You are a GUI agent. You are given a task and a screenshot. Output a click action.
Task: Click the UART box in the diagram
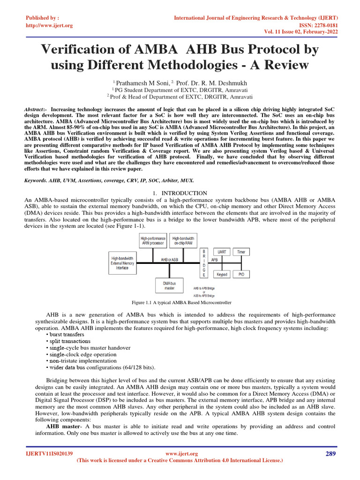pos(222,252)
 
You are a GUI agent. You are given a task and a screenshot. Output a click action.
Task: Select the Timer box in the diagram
pos(241,252)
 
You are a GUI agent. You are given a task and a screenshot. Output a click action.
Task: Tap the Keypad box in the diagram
pos(222,274)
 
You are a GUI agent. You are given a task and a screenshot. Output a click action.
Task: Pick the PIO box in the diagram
pos(241,274)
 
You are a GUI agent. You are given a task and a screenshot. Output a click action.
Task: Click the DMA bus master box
pos(169,285)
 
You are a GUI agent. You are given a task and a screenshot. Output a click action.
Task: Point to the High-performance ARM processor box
pos(153,241)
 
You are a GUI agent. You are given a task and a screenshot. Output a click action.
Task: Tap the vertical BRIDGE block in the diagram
pos(204,263)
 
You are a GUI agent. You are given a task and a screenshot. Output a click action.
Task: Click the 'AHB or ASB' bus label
pos(169,259)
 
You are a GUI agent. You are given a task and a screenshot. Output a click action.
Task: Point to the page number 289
pos(330,453)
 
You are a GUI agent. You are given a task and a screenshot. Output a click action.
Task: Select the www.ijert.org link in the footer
pos(182,454)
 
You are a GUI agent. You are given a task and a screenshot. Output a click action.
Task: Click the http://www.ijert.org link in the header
pos(49,25)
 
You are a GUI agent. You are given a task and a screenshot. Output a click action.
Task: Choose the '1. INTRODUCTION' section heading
pos(180,193)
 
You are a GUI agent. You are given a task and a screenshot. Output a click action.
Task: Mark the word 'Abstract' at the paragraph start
pos(34,109)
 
